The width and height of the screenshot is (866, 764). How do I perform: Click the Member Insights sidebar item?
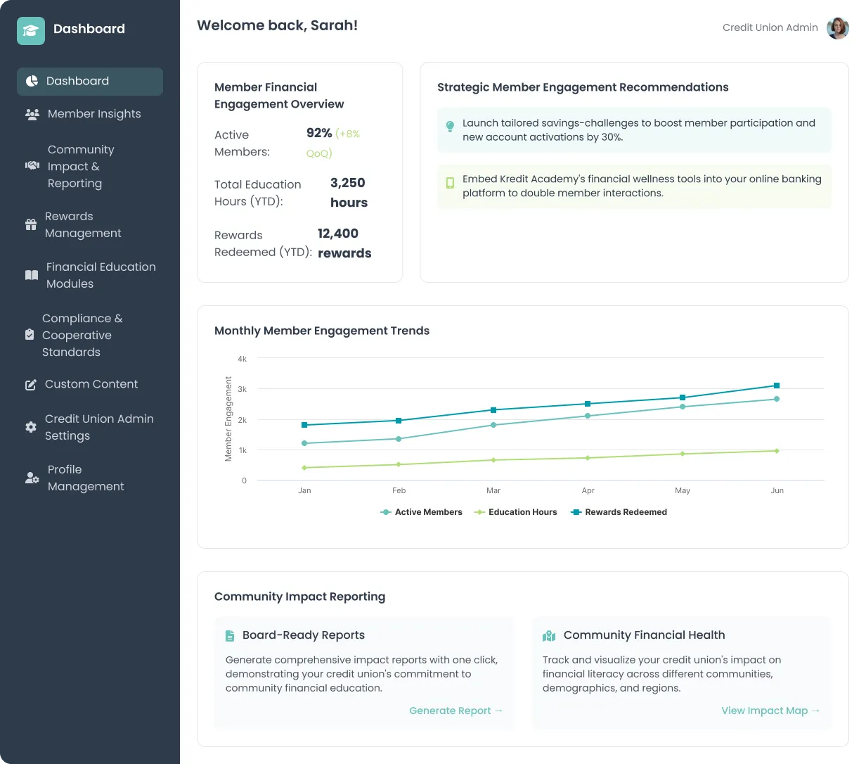tap(93, 114)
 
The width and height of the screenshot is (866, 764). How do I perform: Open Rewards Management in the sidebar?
tap(83, 224)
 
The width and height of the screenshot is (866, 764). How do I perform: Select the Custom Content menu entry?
tap(91, 384)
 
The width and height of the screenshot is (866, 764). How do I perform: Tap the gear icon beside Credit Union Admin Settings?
tap(31, 427)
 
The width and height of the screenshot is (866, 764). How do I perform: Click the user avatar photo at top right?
tap(837, 28)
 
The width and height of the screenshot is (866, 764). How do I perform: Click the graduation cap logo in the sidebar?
tap(31, 30)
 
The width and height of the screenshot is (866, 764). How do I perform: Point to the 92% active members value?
tap(319, 133)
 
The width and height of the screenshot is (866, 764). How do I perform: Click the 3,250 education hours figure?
tap(348, 183)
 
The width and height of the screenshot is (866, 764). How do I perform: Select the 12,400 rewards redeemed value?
tap(338, 234)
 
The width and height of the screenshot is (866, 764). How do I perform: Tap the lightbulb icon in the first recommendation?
tap(450, 127)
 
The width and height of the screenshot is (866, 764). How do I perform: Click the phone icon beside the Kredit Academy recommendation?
tap(450, 183)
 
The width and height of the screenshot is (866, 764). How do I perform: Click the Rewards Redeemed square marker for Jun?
tap(777, 386)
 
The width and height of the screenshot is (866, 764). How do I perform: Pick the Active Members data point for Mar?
tap(493, 425)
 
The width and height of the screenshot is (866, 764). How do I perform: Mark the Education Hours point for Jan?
tap(304, 468)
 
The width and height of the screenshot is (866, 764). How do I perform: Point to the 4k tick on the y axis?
tap(243, 359)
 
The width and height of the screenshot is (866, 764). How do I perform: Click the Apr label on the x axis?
tap(588, 490)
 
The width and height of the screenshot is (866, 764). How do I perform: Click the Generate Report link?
tap(455, 711)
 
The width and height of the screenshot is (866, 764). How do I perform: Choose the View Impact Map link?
tap(770, 711)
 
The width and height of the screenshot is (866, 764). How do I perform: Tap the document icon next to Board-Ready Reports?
tap(230, 635)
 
